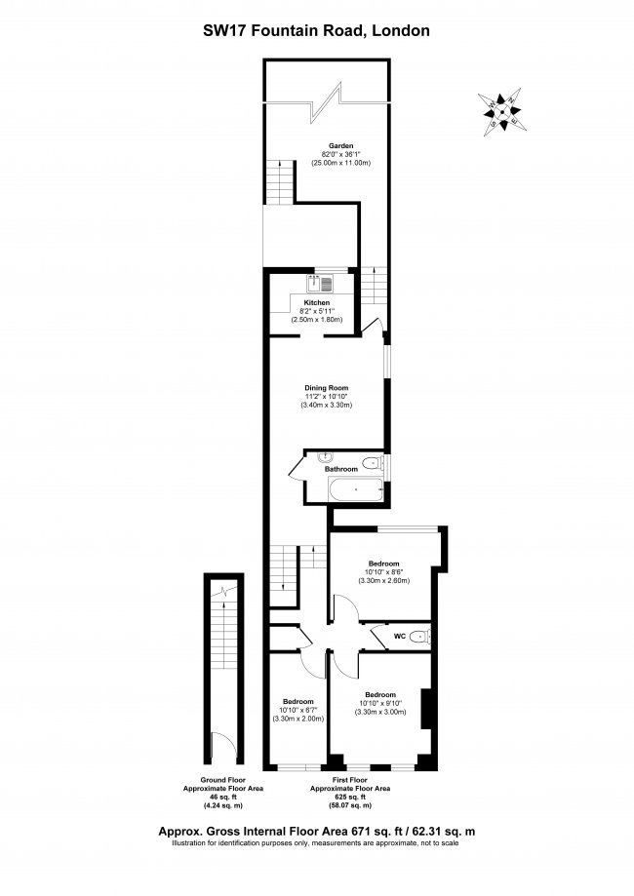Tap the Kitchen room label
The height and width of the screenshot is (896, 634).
314,303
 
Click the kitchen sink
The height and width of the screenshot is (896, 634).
321,283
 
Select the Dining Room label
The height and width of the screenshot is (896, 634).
325,388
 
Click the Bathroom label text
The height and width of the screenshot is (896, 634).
340,469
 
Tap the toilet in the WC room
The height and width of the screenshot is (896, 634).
418,638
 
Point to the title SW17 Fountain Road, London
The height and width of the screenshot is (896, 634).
316,30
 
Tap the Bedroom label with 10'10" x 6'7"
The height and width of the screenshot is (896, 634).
297,702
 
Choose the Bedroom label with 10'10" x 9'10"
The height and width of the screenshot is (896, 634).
381,695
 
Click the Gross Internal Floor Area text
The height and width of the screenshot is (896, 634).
316,832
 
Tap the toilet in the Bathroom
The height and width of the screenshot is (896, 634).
370,462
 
